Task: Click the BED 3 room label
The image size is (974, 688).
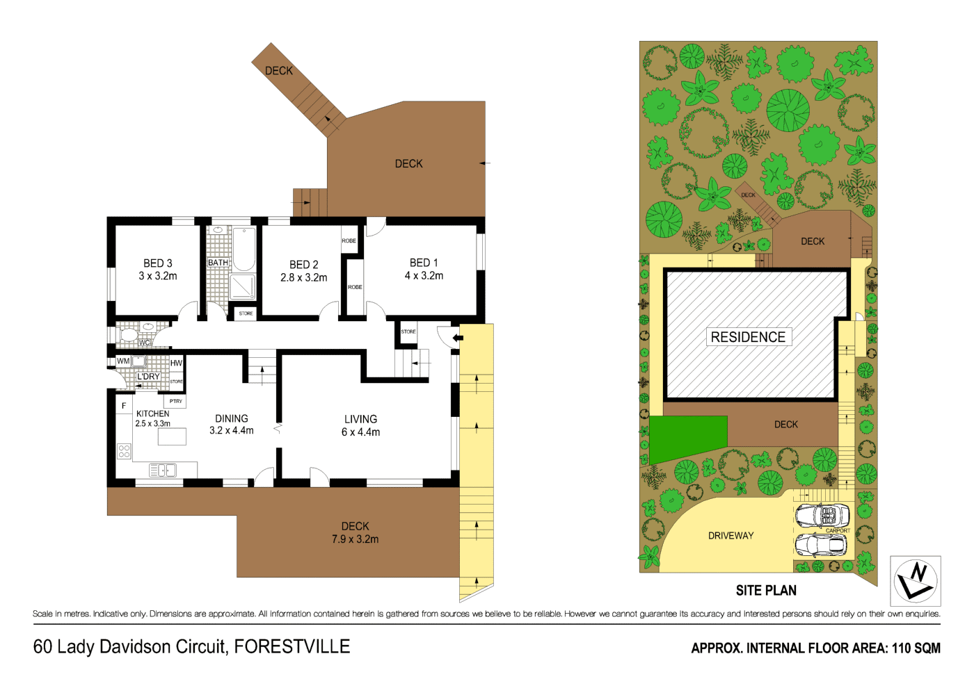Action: pos(158,263)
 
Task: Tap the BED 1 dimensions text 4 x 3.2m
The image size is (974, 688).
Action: pos(424,276)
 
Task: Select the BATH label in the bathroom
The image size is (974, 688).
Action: pos(218,263)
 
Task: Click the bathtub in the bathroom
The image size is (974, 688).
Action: pos(243,249)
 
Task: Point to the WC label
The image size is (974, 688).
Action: pos(144,343)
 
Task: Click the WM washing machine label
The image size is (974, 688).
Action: pos(123,361)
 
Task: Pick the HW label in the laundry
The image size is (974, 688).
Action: pos(176,363)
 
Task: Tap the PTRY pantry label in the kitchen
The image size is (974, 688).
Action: pos(176,401)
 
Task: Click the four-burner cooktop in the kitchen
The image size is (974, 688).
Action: pos(124,452)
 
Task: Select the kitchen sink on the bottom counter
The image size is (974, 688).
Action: pos(163,471)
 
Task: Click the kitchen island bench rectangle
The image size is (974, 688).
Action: pos(172,436)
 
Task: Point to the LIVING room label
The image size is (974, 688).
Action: pos(360,419)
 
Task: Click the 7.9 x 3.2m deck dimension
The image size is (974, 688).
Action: pos(355,539)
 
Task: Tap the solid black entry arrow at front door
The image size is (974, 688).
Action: pos(457,338)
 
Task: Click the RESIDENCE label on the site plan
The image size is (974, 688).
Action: pos(748,337)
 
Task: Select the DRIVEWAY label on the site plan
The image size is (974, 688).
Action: pos(730,536)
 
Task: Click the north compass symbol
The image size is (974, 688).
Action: pos(916,581)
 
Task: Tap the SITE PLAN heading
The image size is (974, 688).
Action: pos(766,591)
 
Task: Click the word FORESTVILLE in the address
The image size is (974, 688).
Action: pos(292,647)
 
